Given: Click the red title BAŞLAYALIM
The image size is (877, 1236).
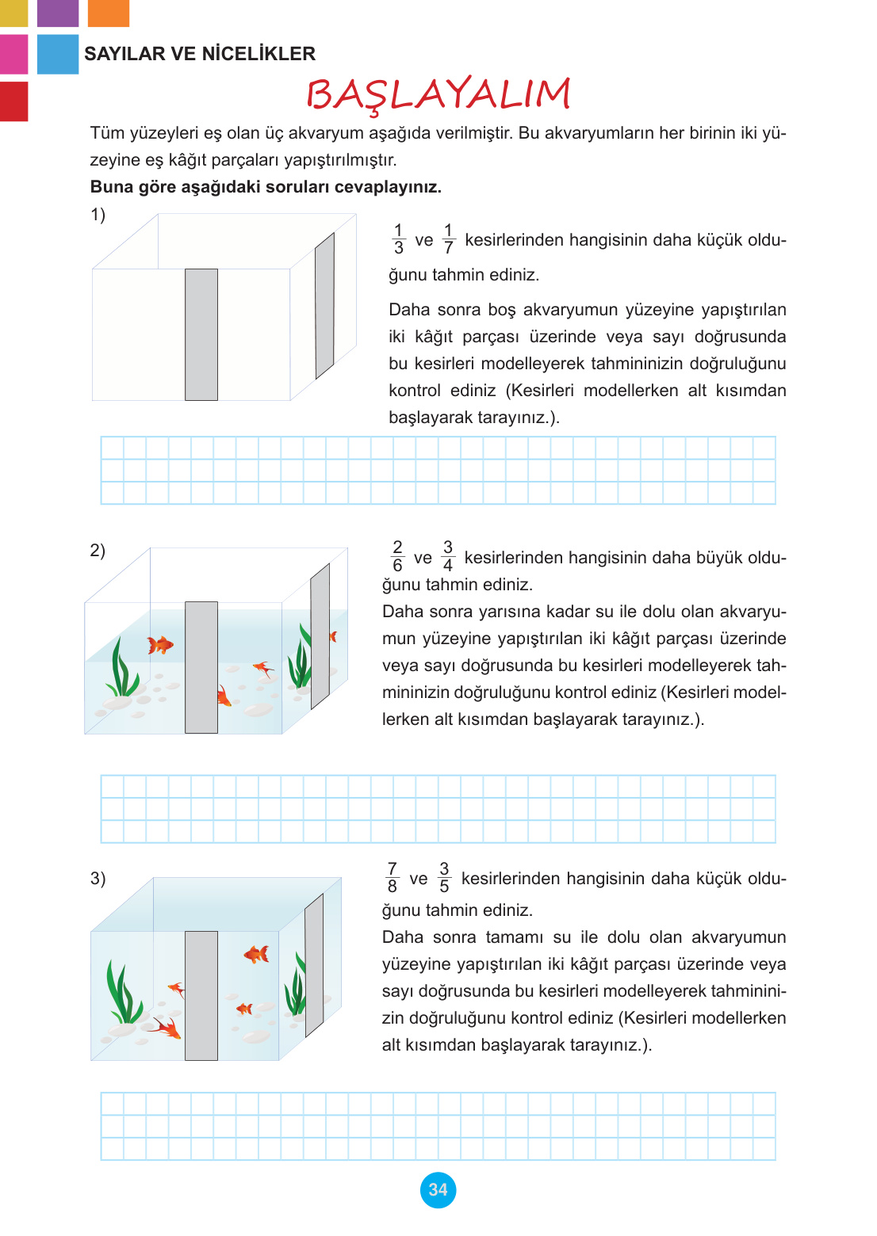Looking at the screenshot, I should tap(438, 94).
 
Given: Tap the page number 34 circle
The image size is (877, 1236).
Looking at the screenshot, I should tap(438, 1189).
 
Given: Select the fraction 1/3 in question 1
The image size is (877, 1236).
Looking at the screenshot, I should tap(398, 239).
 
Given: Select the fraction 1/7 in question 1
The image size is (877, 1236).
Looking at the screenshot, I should tap(448, 239).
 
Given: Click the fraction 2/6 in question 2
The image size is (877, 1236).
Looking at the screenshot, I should tap(397, 556).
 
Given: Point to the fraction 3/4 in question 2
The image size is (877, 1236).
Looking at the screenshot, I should tap(448, 556).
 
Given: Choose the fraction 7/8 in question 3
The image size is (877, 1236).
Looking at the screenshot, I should tap(392, 878).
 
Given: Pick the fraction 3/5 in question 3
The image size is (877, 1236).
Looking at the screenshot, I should tap(444, 878).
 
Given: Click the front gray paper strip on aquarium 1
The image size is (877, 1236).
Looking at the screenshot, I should tap(201, 334).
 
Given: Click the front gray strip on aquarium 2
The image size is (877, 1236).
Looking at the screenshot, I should tap(201, 667).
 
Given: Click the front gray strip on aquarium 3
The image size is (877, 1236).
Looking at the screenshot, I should tap(201, 995).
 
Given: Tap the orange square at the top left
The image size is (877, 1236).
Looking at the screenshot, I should tap(108, 13).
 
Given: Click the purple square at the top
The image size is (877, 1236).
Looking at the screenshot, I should tap(58, 13).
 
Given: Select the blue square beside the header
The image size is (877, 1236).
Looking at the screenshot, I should tap(58, 54).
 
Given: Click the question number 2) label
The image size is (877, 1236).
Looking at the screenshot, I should tap(98, 550).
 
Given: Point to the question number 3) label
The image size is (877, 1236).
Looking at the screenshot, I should tap(98, 878).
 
